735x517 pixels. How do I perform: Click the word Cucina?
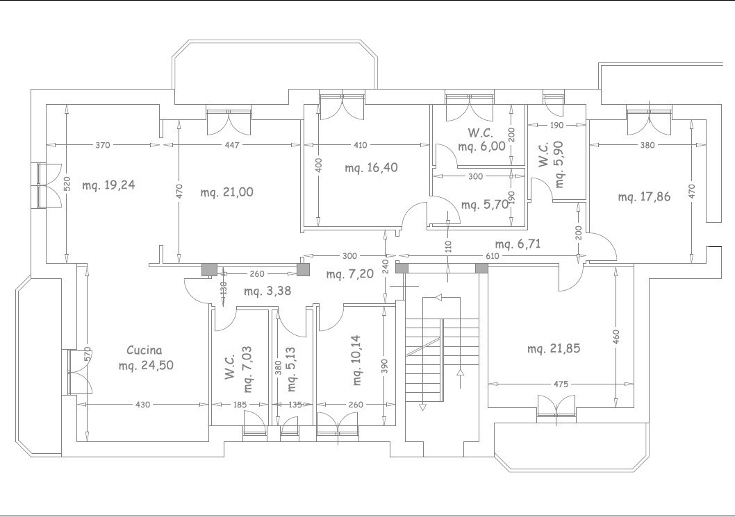tap(144, 350)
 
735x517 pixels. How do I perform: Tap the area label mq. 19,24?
tap(109, 185)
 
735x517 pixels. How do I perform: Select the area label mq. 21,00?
tap(227, 192)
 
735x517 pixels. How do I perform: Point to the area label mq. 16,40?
tap(371, 168)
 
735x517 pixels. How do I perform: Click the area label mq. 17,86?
tap(644, 196)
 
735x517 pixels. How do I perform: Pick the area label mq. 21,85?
tap(554, 349)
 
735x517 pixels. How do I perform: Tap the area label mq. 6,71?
tap(518, 244)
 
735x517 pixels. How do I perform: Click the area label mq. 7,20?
tap(350, 274)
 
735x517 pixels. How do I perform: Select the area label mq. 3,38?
tap(267, 291)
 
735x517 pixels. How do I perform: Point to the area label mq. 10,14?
tap(356, 359)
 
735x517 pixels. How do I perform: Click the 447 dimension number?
tap(232, 145)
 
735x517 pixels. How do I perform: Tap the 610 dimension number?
tap(492, 256)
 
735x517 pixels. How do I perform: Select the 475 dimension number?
tap(561, 384)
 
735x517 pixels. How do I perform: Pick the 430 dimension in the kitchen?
tap(142, 405)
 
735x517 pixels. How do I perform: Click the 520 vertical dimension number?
tap(67, 184)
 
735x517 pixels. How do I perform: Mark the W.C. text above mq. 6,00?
tap(480, 133)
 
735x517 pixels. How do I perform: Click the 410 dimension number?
tap(360, 145)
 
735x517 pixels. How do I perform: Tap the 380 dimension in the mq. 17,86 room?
tap(647, 145)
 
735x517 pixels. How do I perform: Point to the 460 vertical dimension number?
tap(616, 336)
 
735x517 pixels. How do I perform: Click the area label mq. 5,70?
tap(485, 205)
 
